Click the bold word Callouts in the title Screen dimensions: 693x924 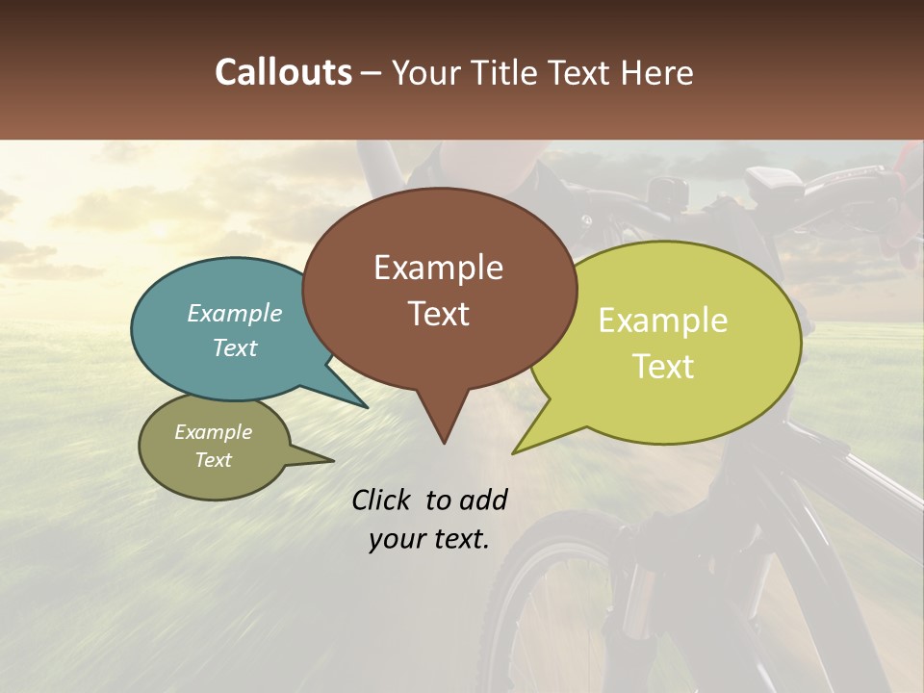(284, 72)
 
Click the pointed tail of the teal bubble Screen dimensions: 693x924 (366, 406)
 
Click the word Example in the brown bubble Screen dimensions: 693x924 (439, 268)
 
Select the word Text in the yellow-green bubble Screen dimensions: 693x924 (663, 367)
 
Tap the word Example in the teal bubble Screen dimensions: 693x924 (235, 314)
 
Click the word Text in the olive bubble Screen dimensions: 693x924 (214, 460)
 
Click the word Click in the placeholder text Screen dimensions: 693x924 (383, 500)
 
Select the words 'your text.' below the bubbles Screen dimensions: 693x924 (429, 539)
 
